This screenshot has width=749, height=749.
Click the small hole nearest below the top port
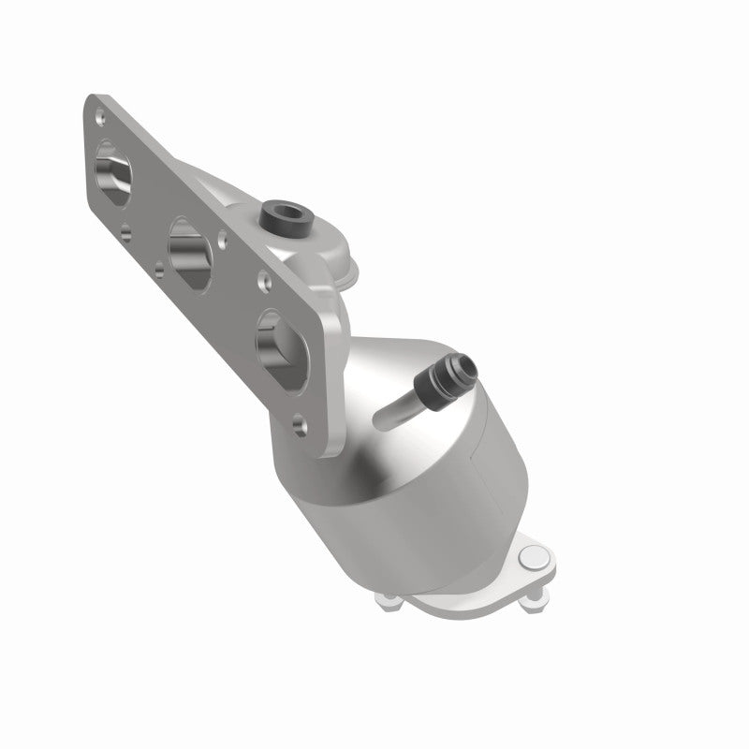[126, 226]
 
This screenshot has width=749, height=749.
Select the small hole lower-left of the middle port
[160, 267]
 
